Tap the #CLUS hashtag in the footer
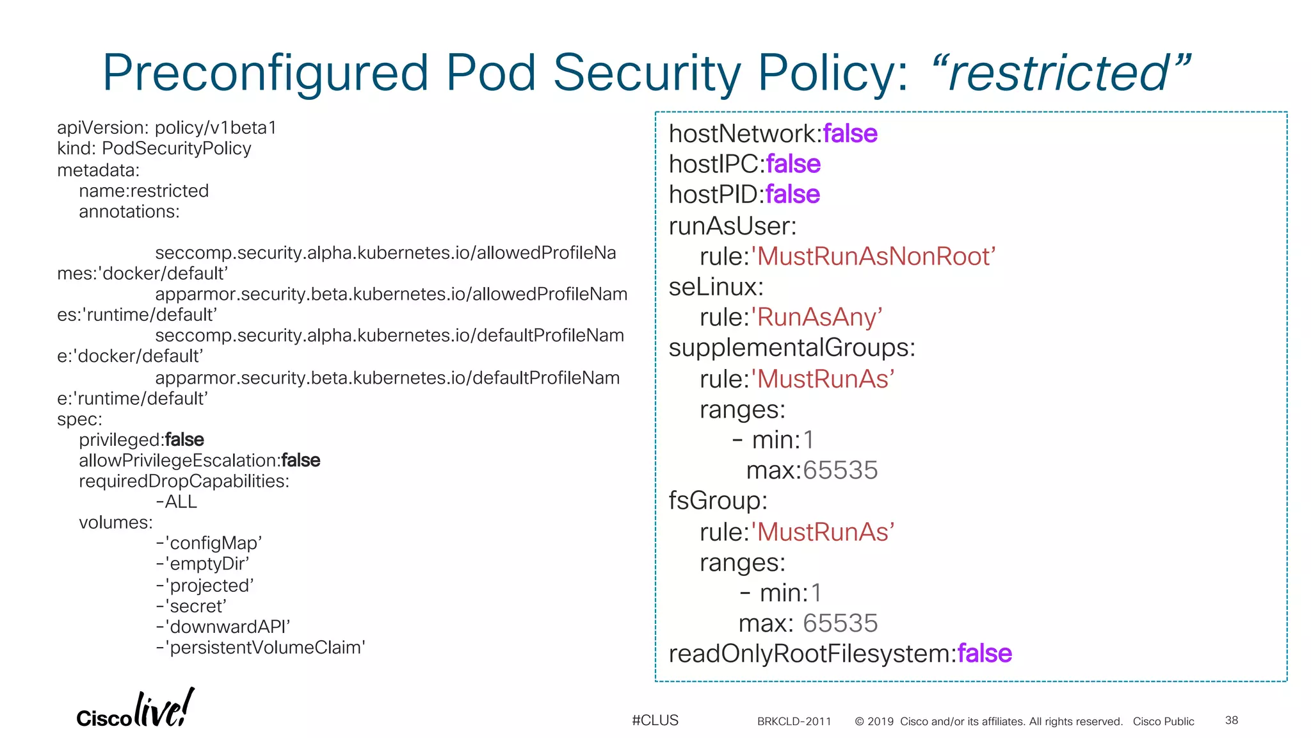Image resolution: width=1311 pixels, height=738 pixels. click(x=655, y=720)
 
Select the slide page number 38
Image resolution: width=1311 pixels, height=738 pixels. click(x=1231, y=720)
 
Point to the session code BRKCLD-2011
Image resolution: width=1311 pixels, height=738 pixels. click(x=794, y=721)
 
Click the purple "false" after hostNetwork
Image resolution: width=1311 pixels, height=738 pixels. click(x=850, y=133)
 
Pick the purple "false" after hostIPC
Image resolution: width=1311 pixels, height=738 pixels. click(x=793, y=164)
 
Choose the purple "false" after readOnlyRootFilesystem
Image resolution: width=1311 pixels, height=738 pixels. click(x=985, y=653)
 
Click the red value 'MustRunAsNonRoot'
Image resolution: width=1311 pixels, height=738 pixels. click(x=873, y=256)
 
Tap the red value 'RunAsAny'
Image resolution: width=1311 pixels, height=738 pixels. click(x=817, y=317)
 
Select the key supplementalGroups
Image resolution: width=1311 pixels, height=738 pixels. click(x=791, y=347)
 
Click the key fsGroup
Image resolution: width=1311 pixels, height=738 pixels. click(x=717, y=500)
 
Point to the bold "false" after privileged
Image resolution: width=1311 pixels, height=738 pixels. click(x=184, y=439)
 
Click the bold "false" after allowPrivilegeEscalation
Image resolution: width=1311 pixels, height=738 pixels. click(x=301, y=460)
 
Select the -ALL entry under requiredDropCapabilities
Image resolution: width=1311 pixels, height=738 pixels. click(x=177, y=502)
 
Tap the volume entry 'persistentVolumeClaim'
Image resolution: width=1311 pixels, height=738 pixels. click(x=261, y=647)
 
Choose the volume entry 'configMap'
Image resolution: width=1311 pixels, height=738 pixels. click(x=209, y=543)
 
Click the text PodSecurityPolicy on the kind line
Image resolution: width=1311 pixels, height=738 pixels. click(x=177, y=148)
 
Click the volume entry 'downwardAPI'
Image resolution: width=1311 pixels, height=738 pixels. click(x=223, y=627)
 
